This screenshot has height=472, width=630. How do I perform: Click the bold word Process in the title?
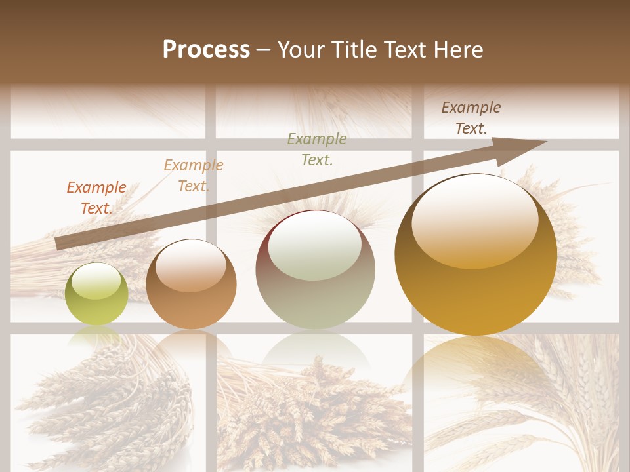(206, 49)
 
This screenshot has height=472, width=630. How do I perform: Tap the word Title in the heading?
(354, 49)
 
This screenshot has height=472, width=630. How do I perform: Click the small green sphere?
(97, 294)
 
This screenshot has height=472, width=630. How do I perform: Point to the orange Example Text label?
(96, 197)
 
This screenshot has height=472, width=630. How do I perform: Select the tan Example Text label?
(194, 175)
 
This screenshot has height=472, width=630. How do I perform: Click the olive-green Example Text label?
(317, 149)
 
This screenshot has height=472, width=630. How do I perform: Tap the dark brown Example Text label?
(471, 117)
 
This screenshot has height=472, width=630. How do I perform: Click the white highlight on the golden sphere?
(474, 220)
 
